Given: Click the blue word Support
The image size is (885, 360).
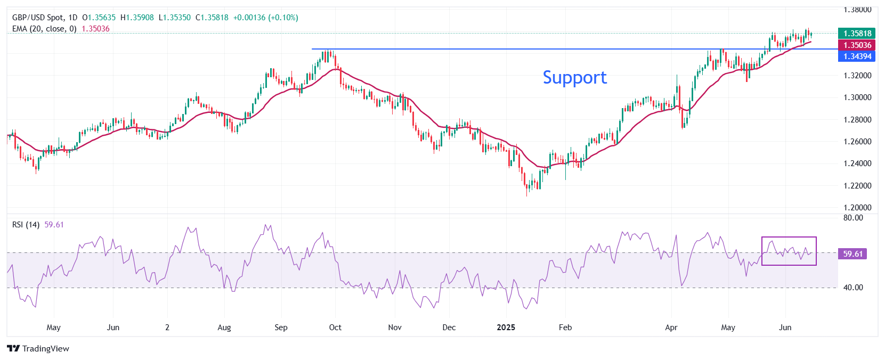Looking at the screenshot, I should tap(574, 78).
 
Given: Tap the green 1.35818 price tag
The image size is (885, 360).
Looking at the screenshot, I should tap(857, 34).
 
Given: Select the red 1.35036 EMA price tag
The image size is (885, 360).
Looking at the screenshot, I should tap(857, 45).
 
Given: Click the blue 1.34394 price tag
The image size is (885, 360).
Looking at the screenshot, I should tap(857, 56).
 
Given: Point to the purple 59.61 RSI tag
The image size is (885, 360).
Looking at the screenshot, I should tap(852, 254).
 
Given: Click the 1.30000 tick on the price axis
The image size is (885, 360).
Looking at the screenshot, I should tap(857, 97).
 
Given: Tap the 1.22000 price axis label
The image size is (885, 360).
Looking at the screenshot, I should tap(857, 186).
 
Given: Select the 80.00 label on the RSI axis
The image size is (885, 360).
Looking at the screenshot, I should tap(853, 218).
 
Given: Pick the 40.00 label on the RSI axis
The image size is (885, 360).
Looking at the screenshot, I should tap(853, 288).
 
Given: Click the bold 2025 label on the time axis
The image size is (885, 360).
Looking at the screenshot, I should tap(506, 328).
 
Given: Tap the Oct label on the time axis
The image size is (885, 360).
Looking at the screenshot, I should tap(335, 328).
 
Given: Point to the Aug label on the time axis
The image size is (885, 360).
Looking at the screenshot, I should tap(224, 328).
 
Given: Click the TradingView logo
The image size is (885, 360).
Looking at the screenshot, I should tap(38, 349).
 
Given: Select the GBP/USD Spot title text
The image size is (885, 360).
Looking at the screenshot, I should tap(37, 18).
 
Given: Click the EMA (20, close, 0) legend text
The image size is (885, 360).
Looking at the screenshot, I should tap(44, 29).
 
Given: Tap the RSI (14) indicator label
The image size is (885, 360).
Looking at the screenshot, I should tap(26, 225).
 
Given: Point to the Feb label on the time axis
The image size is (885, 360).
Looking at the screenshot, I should tap(565, 328).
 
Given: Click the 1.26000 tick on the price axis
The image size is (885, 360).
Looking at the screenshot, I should tap(857, 142).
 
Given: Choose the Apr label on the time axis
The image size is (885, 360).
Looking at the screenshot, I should tap(671, 328).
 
